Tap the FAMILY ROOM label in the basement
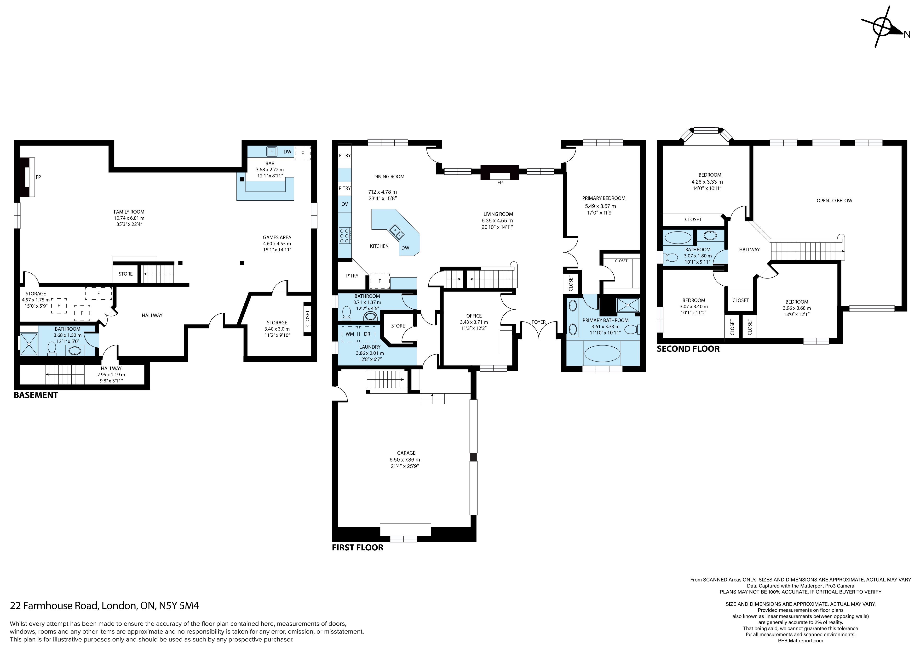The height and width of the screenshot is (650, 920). (129, 212)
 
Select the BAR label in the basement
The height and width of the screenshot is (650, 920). (270, 164)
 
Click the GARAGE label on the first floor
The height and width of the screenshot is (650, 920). (406, 453)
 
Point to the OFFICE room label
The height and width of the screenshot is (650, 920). (474, 316)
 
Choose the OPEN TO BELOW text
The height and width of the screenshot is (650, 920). (835, 201)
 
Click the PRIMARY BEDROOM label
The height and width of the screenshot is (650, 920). (604, 198)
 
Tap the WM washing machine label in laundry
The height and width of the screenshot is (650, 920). (350, 334)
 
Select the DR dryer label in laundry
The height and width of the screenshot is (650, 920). (367, 334)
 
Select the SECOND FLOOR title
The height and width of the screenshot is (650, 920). (688, 349)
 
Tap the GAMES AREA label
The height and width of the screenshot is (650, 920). (277, 237)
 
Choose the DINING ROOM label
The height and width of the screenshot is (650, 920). (389, 177)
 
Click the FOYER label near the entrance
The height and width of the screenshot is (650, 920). (539, 322)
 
